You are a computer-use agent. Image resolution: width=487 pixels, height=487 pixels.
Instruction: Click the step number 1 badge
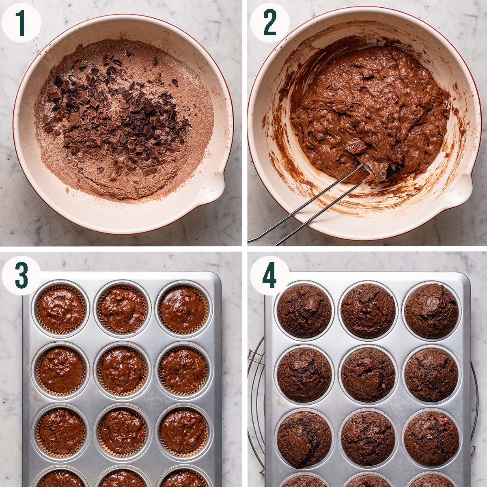pyautogui.click(x=21, y=23)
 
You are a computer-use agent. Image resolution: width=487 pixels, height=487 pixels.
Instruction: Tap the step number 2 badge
pyautogui.click(x=269, y=23)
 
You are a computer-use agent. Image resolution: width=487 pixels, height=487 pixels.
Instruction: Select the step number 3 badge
pyautogui.click(x=21, y=275)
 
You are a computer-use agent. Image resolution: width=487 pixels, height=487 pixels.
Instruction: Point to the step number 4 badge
pyautogui.click(x=269, y=275)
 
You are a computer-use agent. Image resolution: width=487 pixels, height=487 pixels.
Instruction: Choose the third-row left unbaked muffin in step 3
pyautogui.click(x=61, y=431)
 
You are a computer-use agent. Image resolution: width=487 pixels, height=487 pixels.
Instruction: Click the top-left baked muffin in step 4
pyautogui.click(x=304, y=311)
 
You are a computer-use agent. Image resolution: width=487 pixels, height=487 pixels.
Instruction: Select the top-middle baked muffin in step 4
pyautogui.click(x=368, y=311)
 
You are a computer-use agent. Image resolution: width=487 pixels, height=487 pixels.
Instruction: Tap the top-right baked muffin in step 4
pyautogui.click(x=431, y=311)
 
